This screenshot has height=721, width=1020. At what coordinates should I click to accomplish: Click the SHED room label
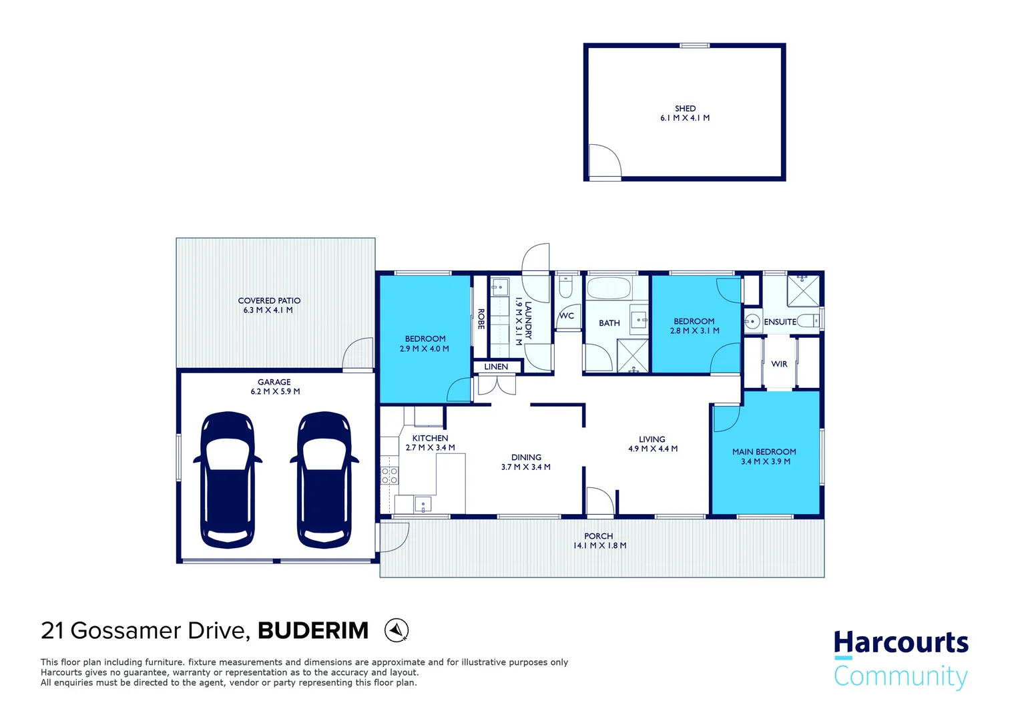coord(685,108)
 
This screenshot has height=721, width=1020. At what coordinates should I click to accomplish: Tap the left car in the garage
coord(228,479)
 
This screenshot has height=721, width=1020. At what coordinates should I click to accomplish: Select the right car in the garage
coord(324,479)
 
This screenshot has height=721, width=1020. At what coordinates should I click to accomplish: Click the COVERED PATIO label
coord(269,300)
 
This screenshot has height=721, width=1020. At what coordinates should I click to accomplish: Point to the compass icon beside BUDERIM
coord(397,630)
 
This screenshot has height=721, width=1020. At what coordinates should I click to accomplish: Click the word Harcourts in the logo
coord(901,642)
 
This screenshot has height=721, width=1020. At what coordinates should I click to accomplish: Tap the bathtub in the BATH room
coord(608,289)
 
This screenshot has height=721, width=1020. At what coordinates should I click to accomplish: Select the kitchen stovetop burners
coord(389,475)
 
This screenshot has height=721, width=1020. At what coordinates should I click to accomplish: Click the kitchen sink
coord(423,503)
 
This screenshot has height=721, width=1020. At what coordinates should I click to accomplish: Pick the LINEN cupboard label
coord(496,367)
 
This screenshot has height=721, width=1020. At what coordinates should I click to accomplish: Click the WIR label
coord(779,364)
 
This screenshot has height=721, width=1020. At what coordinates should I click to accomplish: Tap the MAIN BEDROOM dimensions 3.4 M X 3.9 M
coord(765,461)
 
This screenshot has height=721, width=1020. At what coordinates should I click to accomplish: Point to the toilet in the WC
coord(565,288)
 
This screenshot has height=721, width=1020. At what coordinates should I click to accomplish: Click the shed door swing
coord(604,162)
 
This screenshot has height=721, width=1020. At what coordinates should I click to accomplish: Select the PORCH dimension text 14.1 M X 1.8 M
coord(599,545)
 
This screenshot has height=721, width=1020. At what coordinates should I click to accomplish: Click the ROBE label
coord(481,319)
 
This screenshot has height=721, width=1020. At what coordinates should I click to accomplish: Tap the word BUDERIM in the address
coord(313,630)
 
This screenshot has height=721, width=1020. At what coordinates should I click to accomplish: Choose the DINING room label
coord(526,457)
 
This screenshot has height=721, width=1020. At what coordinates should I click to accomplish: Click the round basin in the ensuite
coord(752,322)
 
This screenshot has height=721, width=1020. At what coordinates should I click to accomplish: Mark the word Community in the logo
coord(901,676)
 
